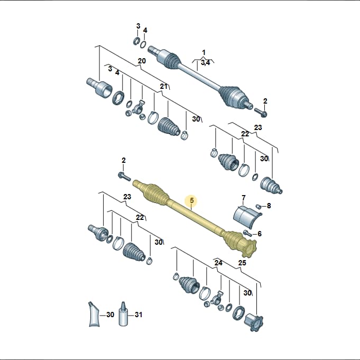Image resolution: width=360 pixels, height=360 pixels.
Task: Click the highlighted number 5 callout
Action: pyautogui.click(x=192, y=201)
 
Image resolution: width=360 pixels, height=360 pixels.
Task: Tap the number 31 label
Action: pyautogui.click(x=139, y=315)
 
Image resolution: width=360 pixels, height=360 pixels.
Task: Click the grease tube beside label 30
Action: pyautogui.click(x=94, y=314)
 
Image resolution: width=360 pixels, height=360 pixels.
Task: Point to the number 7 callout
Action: pyautogui.click(x=244, y=198)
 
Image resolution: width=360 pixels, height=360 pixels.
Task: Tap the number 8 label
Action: pyautogui.click(x=269, y=206)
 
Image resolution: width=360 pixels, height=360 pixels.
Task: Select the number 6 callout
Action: pyautogui.click(x=260, y=234)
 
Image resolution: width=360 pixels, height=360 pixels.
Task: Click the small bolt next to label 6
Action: pyautogui.click(x=247, y=233)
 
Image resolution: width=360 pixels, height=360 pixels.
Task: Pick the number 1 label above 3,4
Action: pyautogui.click(x=204, y=53)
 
